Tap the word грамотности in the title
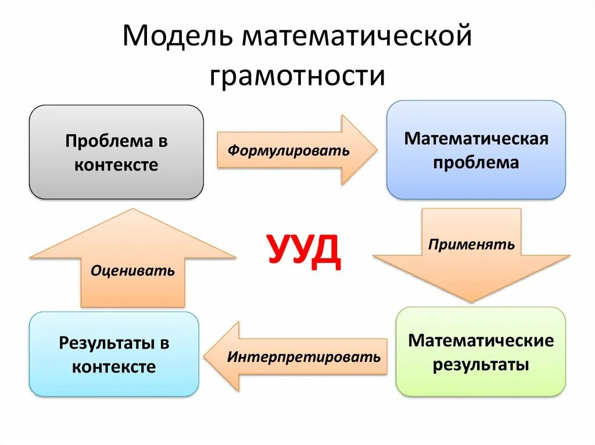pos(297,75)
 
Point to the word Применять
pos(471,244)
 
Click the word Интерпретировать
pos(304,356)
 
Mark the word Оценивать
pos(132,270)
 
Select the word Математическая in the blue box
pos(476,139)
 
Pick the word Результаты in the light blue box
pos(105,343)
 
